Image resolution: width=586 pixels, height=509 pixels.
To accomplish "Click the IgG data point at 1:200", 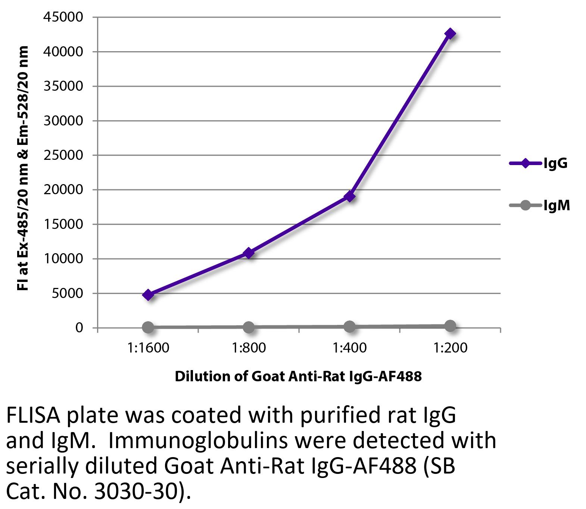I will pos(450,34).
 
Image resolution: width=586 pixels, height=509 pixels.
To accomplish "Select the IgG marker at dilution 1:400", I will pos(350,196).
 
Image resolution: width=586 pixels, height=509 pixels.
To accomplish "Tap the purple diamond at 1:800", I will pos(249,253).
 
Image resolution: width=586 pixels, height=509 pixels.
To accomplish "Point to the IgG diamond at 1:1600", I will pos(148,295).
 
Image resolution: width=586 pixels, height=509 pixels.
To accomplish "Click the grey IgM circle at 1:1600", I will pos(148,328).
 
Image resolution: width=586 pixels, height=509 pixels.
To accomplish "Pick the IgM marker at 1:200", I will pos(450,326).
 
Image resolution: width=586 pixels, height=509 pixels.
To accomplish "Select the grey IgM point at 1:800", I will pos(249,327).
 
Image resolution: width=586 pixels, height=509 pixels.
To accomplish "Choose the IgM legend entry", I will pos(540,205).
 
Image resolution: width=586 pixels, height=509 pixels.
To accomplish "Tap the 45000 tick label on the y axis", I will pos(63,17).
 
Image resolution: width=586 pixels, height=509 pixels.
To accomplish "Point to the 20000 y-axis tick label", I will pos(63,190).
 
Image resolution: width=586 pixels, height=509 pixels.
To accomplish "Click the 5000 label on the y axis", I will pos(67,293).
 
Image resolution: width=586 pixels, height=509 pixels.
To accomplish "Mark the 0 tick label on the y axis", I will pos(79,328).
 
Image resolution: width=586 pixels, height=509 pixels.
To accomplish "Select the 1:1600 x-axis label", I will pos(148,348).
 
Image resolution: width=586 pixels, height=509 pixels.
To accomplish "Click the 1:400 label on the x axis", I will pos(350,348).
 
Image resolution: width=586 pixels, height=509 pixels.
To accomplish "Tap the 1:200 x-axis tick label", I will pos(450,348).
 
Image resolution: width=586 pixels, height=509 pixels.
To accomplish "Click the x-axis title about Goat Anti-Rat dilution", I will pos(298,376).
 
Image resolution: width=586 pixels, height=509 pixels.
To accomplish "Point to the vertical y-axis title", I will pos(23,168).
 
